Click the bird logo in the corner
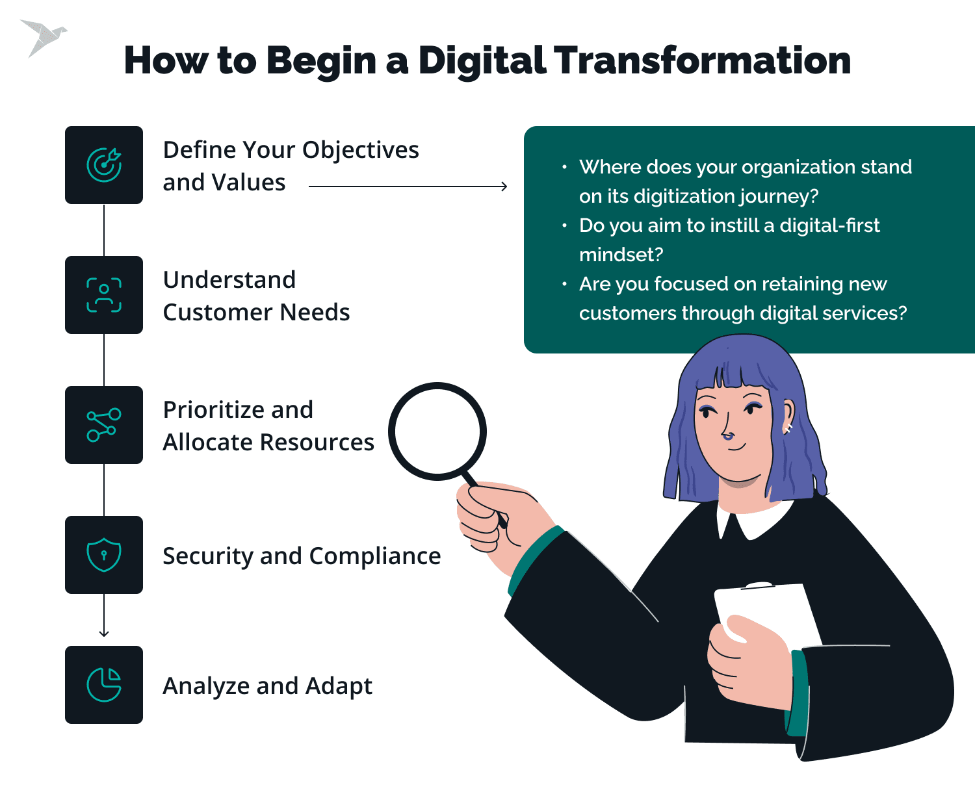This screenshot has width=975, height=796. pyautogui.click(x=43, y=37)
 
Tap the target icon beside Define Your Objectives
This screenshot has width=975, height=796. pyautogui.click(x=104, y=165)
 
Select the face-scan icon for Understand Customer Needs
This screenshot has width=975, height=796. pyautogui.click(x=104, y=295)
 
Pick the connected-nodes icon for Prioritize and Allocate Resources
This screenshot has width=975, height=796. pyautogui.click(x=104, y=425)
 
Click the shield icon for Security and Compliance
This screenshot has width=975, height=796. pyautogui.click(x=104, y=555)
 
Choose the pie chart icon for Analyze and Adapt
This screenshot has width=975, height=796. pyautogui.click(x=104, y=685)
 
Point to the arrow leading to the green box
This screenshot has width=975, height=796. pyautogui.click(x=408, y=186)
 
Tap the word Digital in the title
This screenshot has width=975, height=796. pyautogui.click(x=483, y=60)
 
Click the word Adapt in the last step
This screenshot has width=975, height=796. pyautogui.click(x=339, y=686)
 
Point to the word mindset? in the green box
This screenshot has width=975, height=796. pyautogui.click(x=621, y=255)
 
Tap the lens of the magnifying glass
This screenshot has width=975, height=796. pyautogui.click(x=437, y=431)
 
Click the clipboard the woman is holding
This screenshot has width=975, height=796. pyautogui.click(x=767, y=611)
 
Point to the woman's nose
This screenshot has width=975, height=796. pyautogui.click(x=728, y=430)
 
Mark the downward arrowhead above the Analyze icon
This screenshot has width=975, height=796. pyautogui.click(x=104, y=633)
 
